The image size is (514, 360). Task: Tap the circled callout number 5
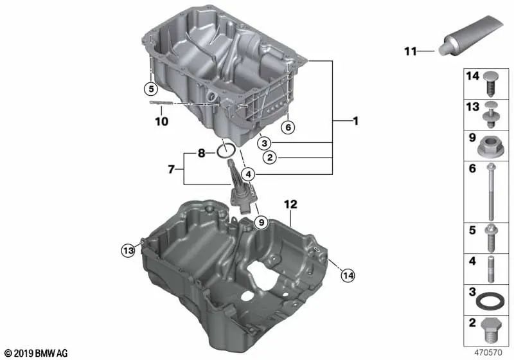(x=151, y=89)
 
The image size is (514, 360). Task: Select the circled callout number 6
(x=288, y=127)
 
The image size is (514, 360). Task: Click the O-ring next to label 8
(x=226, y=151)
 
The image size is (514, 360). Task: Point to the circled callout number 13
(x=128, y=251)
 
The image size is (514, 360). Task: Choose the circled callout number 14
(x=348, y=275)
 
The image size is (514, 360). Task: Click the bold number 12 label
(x=290, y=204)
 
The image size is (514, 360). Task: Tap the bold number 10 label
(x=162, y=122)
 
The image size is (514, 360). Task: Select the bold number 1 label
(x=356, y=121)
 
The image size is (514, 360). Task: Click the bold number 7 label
(x=171, y=169)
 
